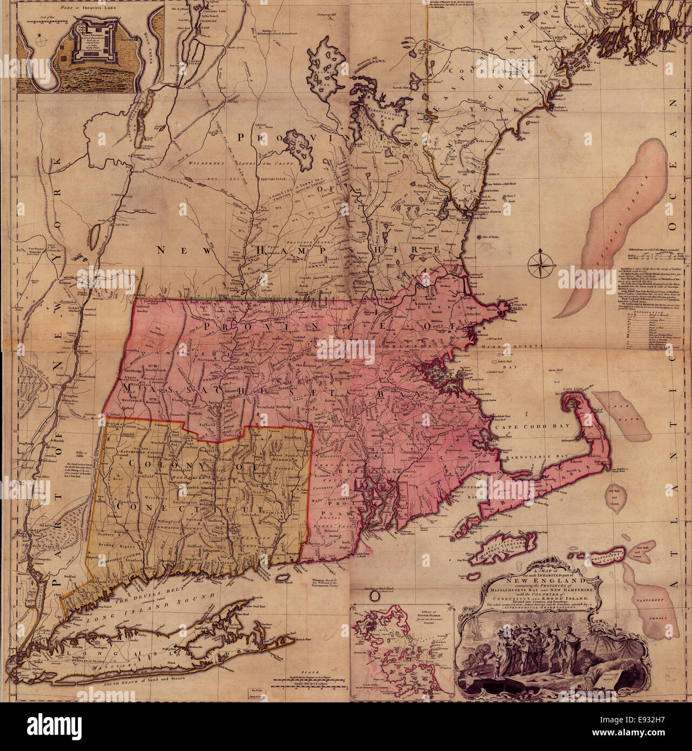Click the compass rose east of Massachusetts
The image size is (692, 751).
pos(543,263)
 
